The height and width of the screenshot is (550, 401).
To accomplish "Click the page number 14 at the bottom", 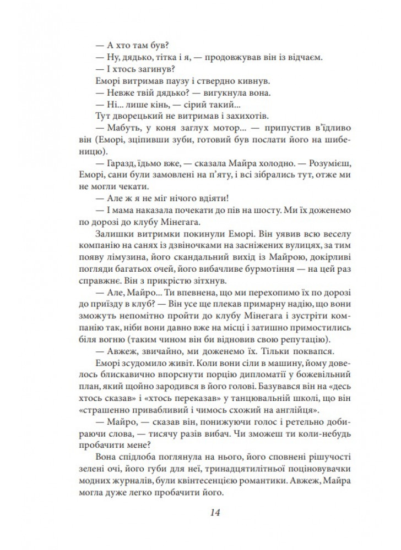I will (215, 512).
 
